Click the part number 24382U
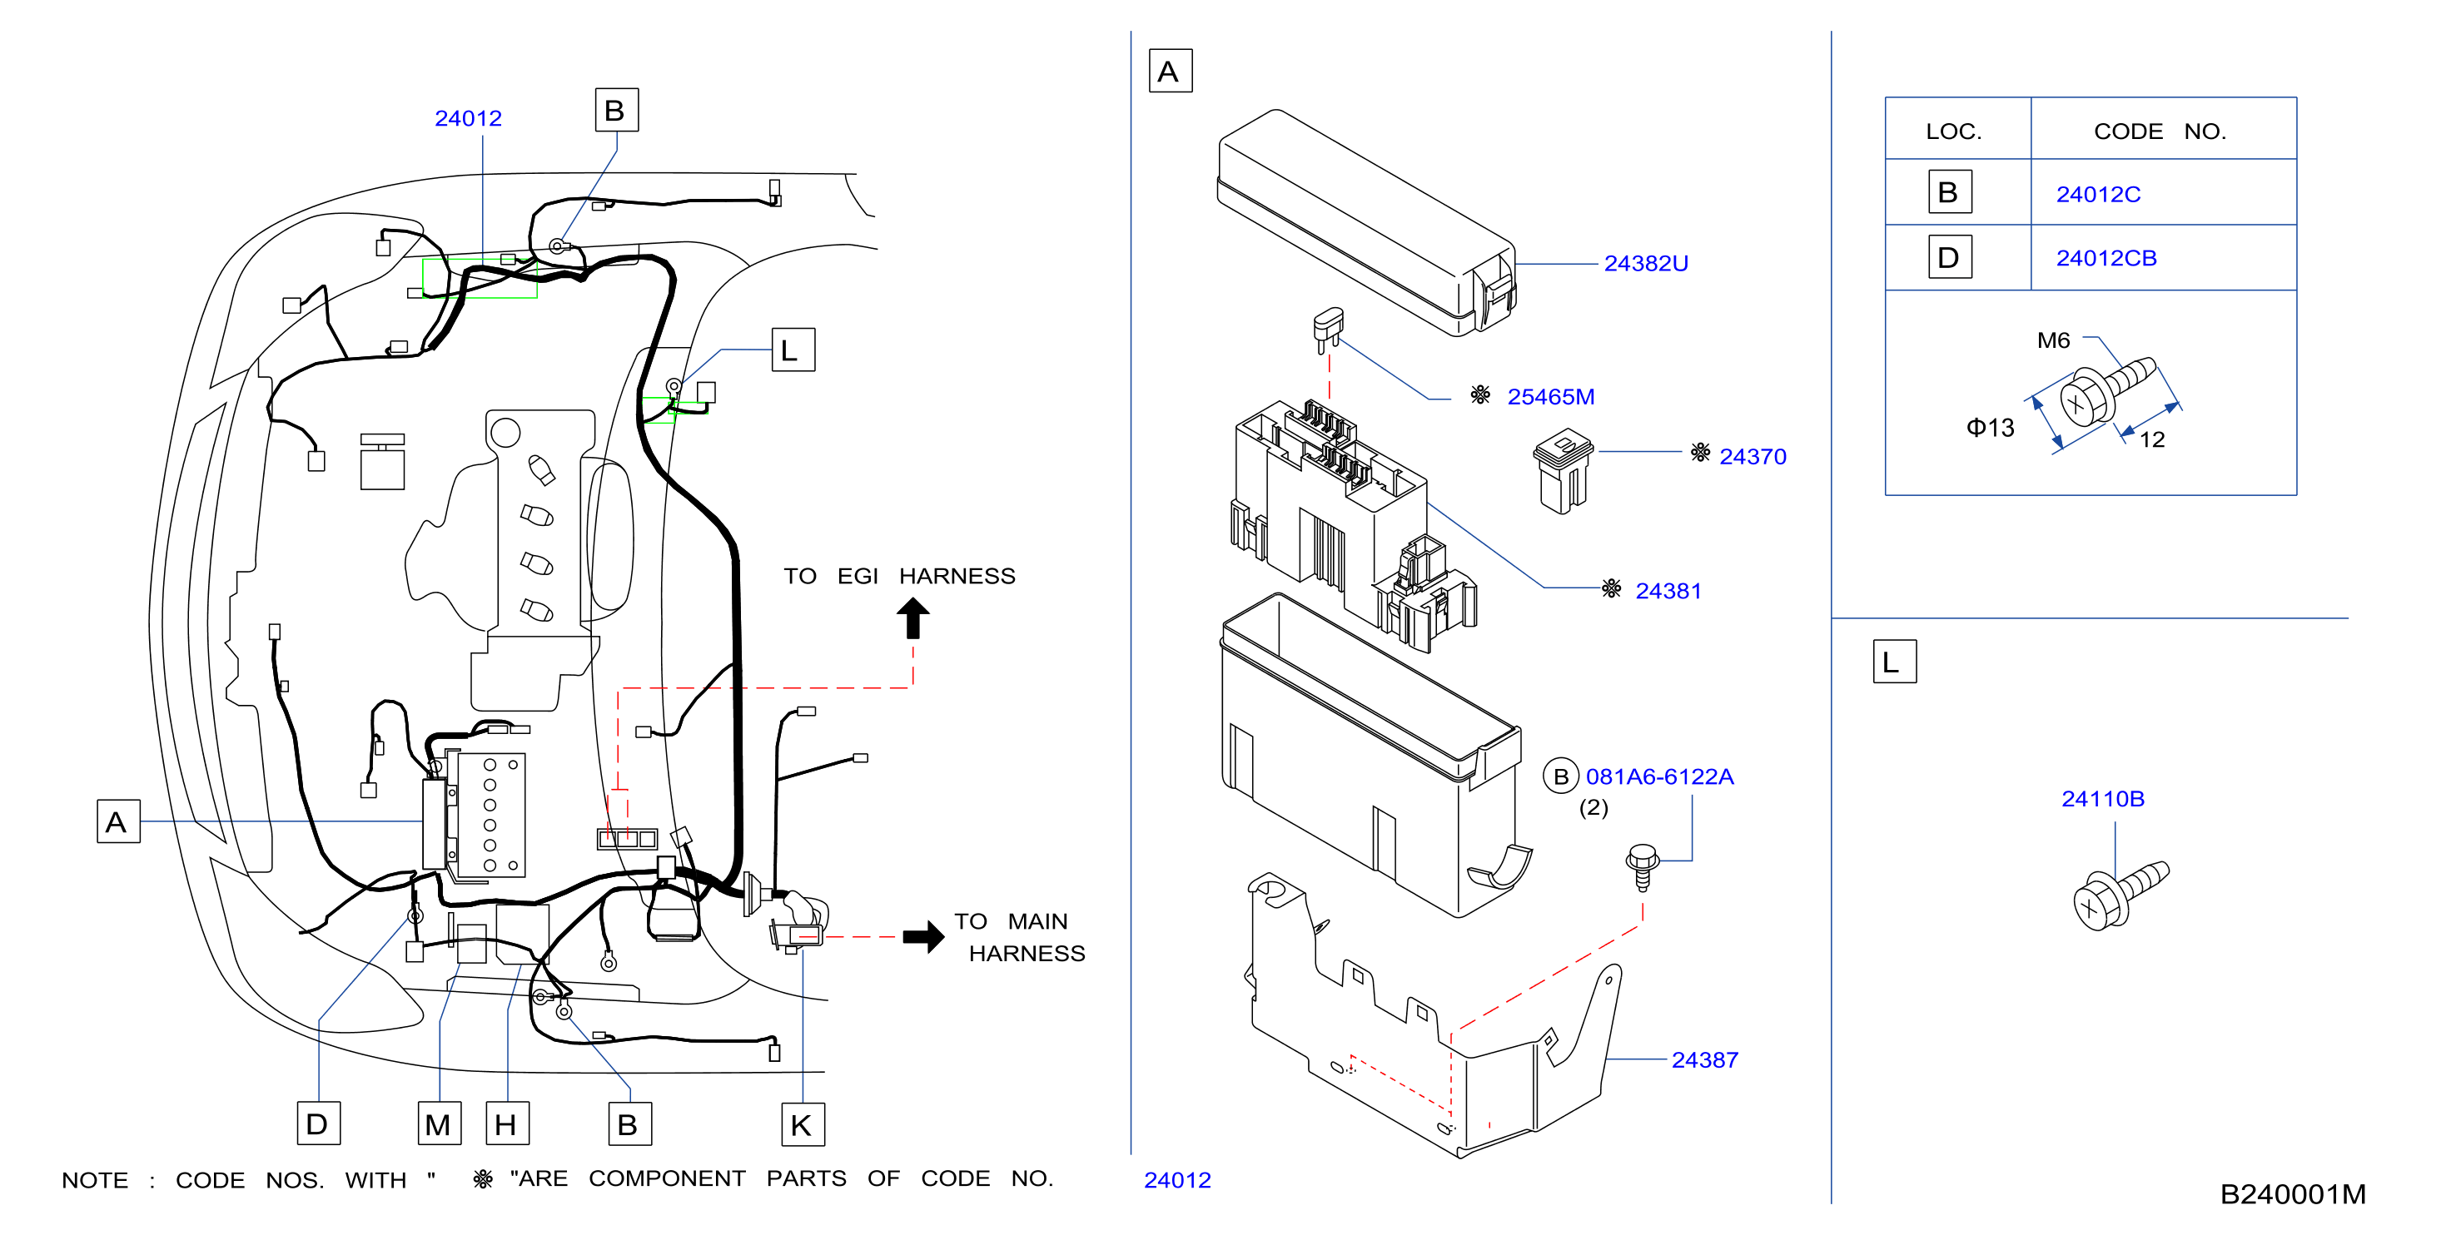click(x=1645, y=263)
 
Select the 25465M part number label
click(x=1550, y=396)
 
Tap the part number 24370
click(x=1753, y=457)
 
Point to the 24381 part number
click(x=1668, y=591)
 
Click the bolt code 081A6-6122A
click(x=1659, y=776)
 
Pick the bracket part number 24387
click(x=1704, y=1059)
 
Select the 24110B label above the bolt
click(x=2103, y=798)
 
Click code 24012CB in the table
click(x=2106, y=258)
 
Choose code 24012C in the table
click(x=2098, y=194)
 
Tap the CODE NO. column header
click(x=2159, y=131)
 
